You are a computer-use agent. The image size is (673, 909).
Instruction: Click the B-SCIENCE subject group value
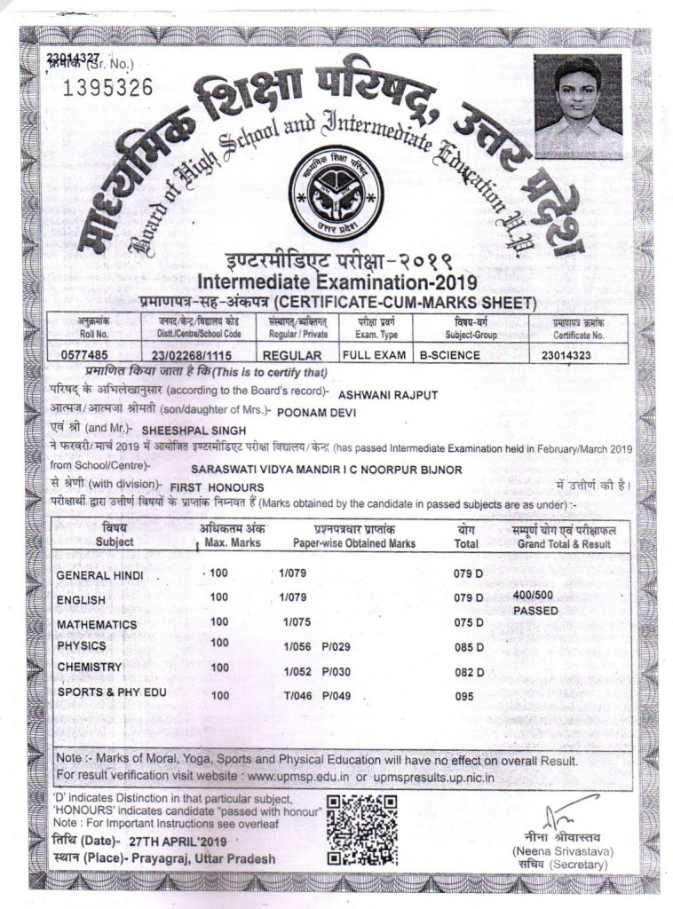click(450, 355)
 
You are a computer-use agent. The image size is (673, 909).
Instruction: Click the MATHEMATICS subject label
click(97, 624)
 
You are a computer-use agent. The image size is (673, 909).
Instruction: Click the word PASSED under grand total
click(535, 611)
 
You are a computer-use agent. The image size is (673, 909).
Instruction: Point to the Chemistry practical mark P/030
click(336, 672)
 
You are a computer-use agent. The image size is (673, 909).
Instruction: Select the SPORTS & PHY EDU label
click(111, 692)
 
